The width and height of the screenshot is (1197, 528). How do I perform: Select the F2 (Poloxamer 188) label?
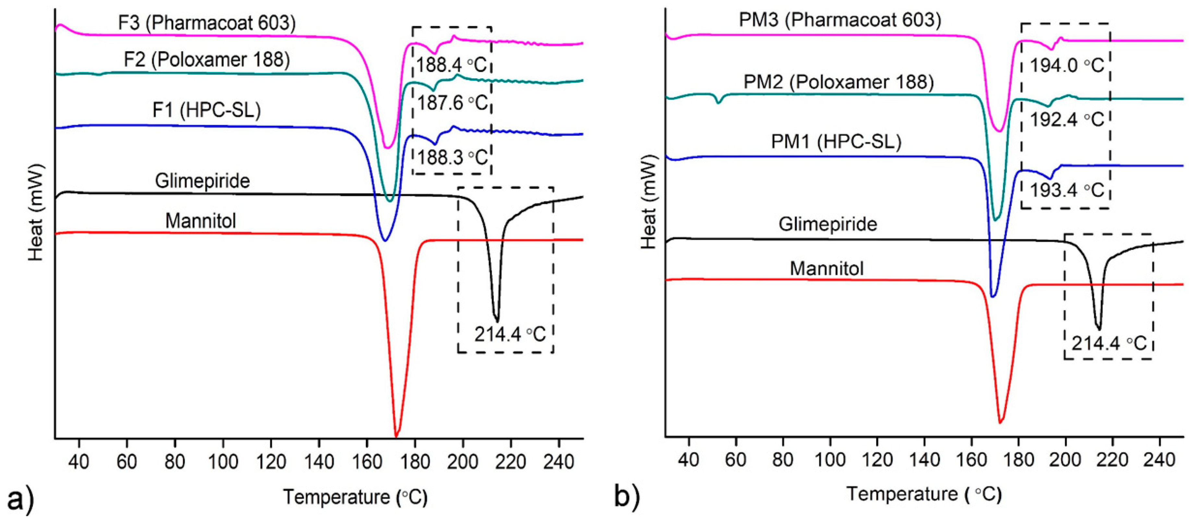[x=207, y=59]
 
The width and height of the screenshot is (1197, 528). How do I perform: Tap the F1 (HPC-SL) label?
[x=207, y=110]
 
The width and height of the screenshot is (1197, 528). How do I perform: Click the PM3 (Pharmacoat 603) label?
[x=840, y=20]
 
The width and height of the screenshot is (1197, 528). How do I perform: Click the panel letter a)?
[x=21, y=501]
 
